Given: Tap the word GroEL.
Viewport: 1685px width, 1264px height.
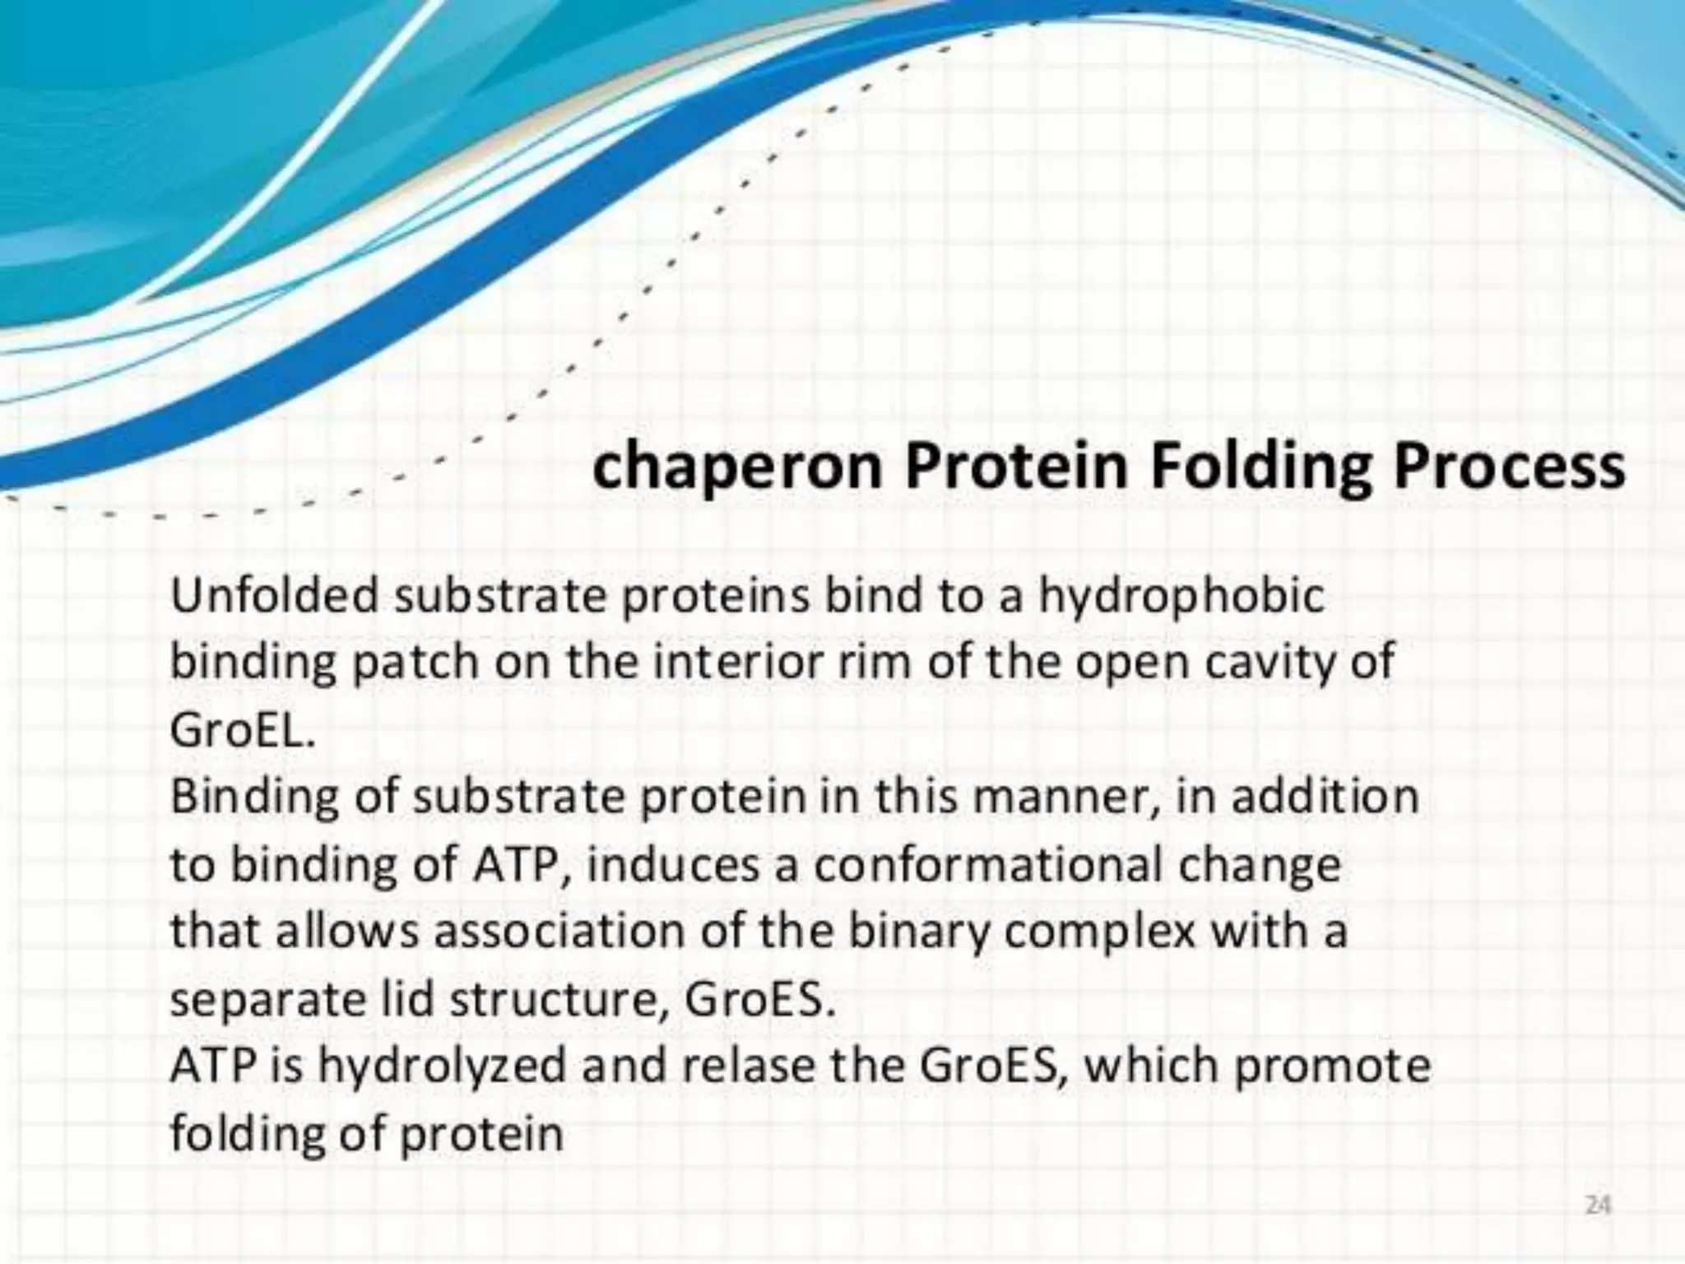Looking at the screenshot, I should coord(243,731).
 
